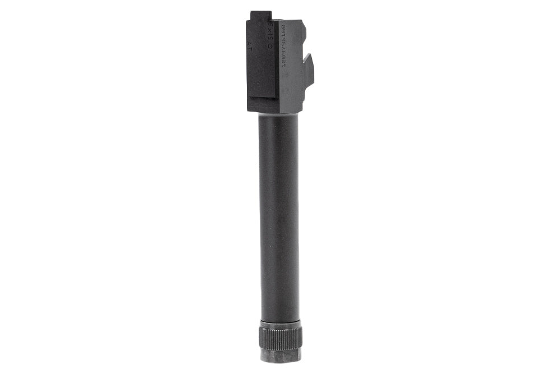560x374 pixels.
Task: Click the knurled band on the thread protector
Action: [280, 336]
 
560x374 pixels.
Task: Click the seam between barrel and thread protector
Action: [280, 320]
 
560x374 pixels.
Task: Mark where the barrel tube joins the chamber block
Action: [278, 114]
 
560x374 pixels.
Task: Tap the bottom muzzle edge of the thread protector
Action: [280, 360]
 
